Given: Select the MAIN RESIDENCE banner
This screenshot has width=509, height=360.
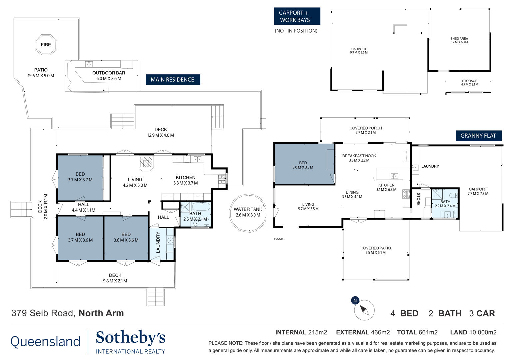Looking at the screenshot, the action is (173, 80).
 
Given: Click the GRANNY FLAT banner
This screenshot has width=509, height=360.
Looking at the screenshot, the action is (478, 136).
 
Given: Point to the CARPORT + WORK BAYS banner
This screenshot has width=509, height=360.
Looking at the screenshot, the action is (297, 16).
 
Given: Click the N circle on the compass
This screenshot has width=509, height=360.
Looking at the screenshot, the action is (355, 300).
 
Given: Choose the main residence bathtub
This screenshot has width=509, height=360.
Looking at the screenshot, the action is (201, 207).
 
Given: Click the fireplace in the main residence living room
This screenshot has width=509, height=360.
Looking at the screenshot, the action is (146, 163).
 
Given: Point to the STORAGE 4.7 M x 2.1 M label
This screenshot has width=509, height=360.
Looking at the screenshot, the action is (469, 83).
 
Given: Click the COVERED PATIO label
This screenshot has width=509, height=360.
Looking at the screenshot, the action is (376, 250).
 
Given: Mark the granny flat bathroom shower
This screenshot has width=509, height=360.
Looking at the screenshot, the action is (437, 194).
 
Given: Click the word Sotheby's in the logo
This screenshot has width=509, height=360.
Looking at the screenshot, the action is (131, 337).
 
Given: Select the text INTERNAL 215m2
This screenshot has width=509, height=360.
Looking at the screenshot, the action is (301, 332).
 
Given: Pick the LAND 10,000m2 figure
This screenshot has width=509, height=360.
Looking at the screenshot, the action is (473, 332).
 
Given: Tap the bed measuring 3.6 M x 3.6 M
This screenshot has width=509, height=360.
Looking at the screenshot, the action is (126, 238).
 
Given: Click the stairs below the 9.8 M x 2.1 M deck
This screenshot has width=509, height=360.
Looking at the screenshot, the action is (156, 297).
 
